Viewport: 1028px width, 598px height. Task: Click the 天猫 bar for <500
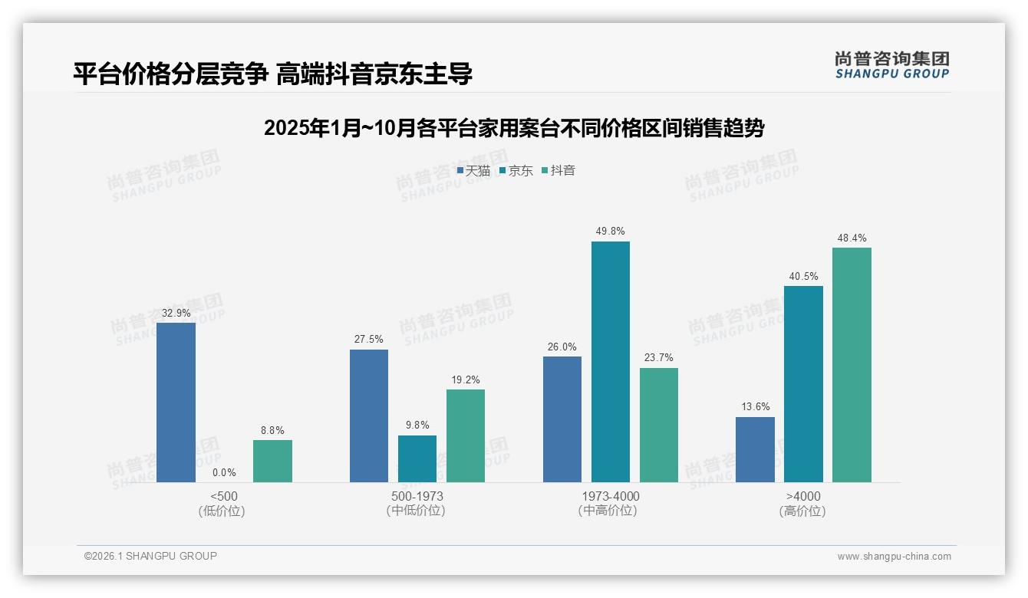pyautogui.click(x=176, y=402)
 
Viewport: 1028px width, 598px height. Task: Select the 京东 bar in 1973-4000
pyautogui.click(x=610, y=362)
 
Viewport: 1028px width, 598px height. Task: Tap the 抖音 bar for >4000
pyautogui.click(x=852, y=365)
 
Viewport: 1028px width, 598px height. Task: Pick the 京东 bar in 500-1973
pyautogui.click(x=417, y=458)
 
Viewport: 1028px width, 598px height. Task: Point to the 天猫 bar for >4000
pyautogui.click(x=755, y=449)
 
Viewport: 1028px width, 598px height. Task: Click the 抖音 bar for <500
pyautogui.click(x=272, y=461)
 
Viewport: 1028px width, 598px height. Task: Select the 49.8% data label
pyautogui.click(x=610, y=231)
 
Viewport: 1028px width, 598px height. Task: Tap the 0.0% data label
pyautogui.click(x=224, y=472)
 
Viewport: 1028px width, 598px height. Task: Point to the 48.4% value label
pyautogui.click(x=852, y=238)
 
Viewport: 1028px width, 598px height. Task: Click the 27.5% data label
pyautogui.click(x=369, y=339)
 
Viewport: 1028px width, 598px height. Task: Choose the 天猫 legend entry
pyautogui.click(x=473, y=171)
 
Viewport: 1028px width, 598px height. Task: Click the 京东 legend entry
pyautogui.click(x=516, y=171)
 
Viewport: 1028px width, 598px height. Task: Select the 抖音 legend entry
pyautogui.click(x=558, y=171)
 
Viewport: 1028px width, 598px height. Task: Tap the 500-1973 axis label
pyautogui.click(x=417, y=496)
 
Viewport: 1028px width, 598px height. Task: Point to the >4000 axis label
pyautogui.click(x=802, y=496)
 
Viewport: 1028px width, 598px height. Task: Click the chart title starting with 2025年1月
pyautogui.click(x=513, y=128)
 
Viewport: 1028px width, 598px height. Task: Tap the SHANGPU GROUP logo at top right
pyautogui.click(x=891, y=65)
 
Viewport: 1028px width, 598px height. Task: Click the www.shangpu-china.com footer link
pyautogui.click(x=894, y=557)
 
